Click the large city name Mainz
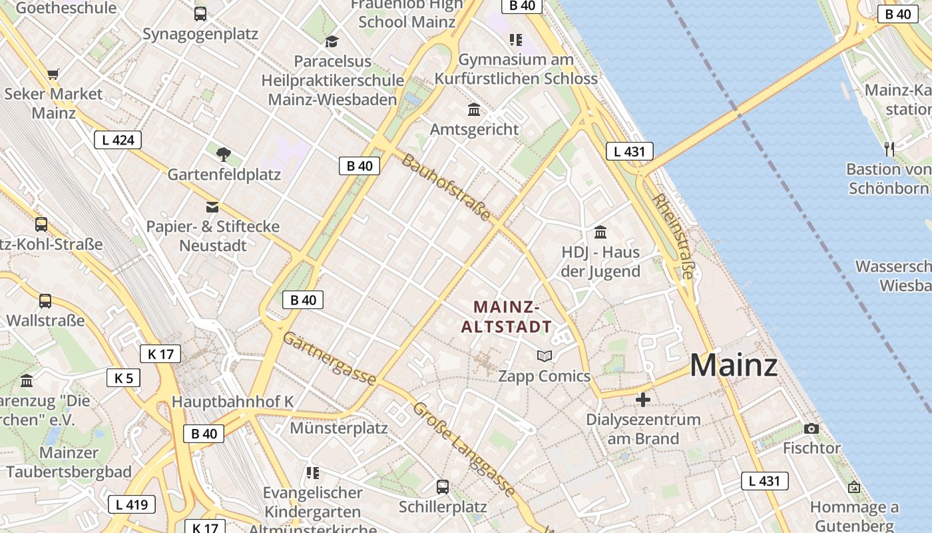734,366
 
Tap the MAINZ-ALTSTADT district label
506,316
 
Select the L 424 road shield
118,140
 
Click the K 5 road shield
124,378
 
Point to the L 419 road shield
132,504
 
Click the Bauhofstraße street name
446,188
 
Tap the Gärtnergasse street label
329,358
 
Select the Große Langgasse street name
464,449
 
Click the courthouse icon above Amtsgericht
474,109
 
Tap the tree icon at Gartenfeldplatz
224,155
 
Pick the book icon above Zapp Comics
545,356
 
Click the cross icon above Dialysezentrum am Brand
643,400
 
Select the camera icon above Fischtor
811,428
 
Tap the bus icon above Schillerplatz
443,487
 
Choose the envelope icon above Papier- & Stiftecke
212,207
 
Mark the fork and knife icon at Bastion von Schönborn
889,149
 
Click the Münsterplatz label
338,428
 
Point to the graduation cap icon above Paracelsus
332,42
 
